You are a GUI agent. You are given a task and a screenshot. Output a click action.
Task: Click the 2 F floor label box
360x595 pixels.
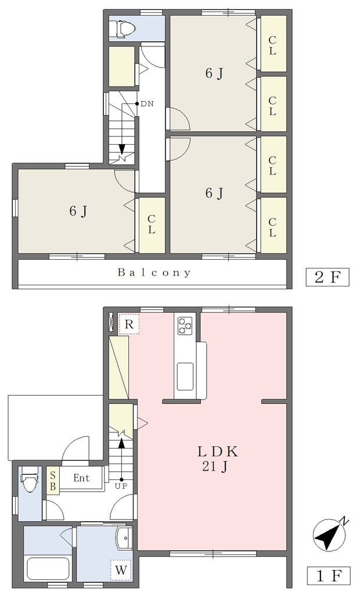(x=327, y=277)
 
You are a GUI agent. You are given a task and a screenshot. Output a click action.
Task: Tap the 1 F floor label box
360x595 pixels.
(x=327, y=576)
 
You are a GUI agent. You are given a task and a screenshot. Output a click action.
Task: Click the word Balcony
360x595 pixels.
(x=154, y=273)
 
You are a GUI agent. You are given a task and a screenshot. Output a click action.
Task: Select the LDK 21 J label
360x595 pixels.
(x=217, y=459)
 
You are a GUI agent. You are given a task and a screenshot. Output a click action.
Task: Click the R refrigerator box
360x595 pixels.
(x=129, y=324)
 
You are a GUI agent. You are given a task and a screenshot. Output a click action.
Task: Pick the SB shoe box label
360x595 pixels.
(x=53, y=480)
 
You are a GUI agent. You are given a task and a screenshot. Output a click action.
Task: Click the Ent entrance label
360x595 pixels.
(x=81, y=478)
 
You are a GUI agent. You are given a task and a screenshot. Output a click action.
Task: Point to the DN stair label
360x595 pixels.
(x=147, y=103)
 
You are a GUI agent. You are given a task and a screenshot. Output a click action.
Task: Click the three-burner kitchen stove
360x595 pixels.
(x=185, y=324)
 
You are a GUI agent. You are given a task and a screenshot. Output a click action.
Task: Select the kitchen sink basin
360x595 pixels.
(x=185, y=376)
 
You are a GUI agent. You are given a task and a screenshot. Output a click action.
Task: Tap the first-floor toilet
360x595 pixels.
(x=29, y=479)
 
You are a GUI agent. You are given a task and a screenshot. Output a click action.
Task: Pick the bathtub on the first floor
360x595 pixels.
(x=48, y=568)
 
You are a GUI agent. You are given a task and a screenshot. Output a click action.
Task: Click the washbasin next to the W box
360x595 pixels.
(x=125, y=538)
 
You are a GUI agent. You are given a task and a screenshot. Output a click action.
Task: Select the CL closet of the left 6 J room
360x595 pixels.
(x=152, y=225)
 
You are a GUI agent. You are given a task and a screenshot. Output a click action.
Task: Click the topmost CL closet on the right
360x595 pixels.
(x=272, y=43)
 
